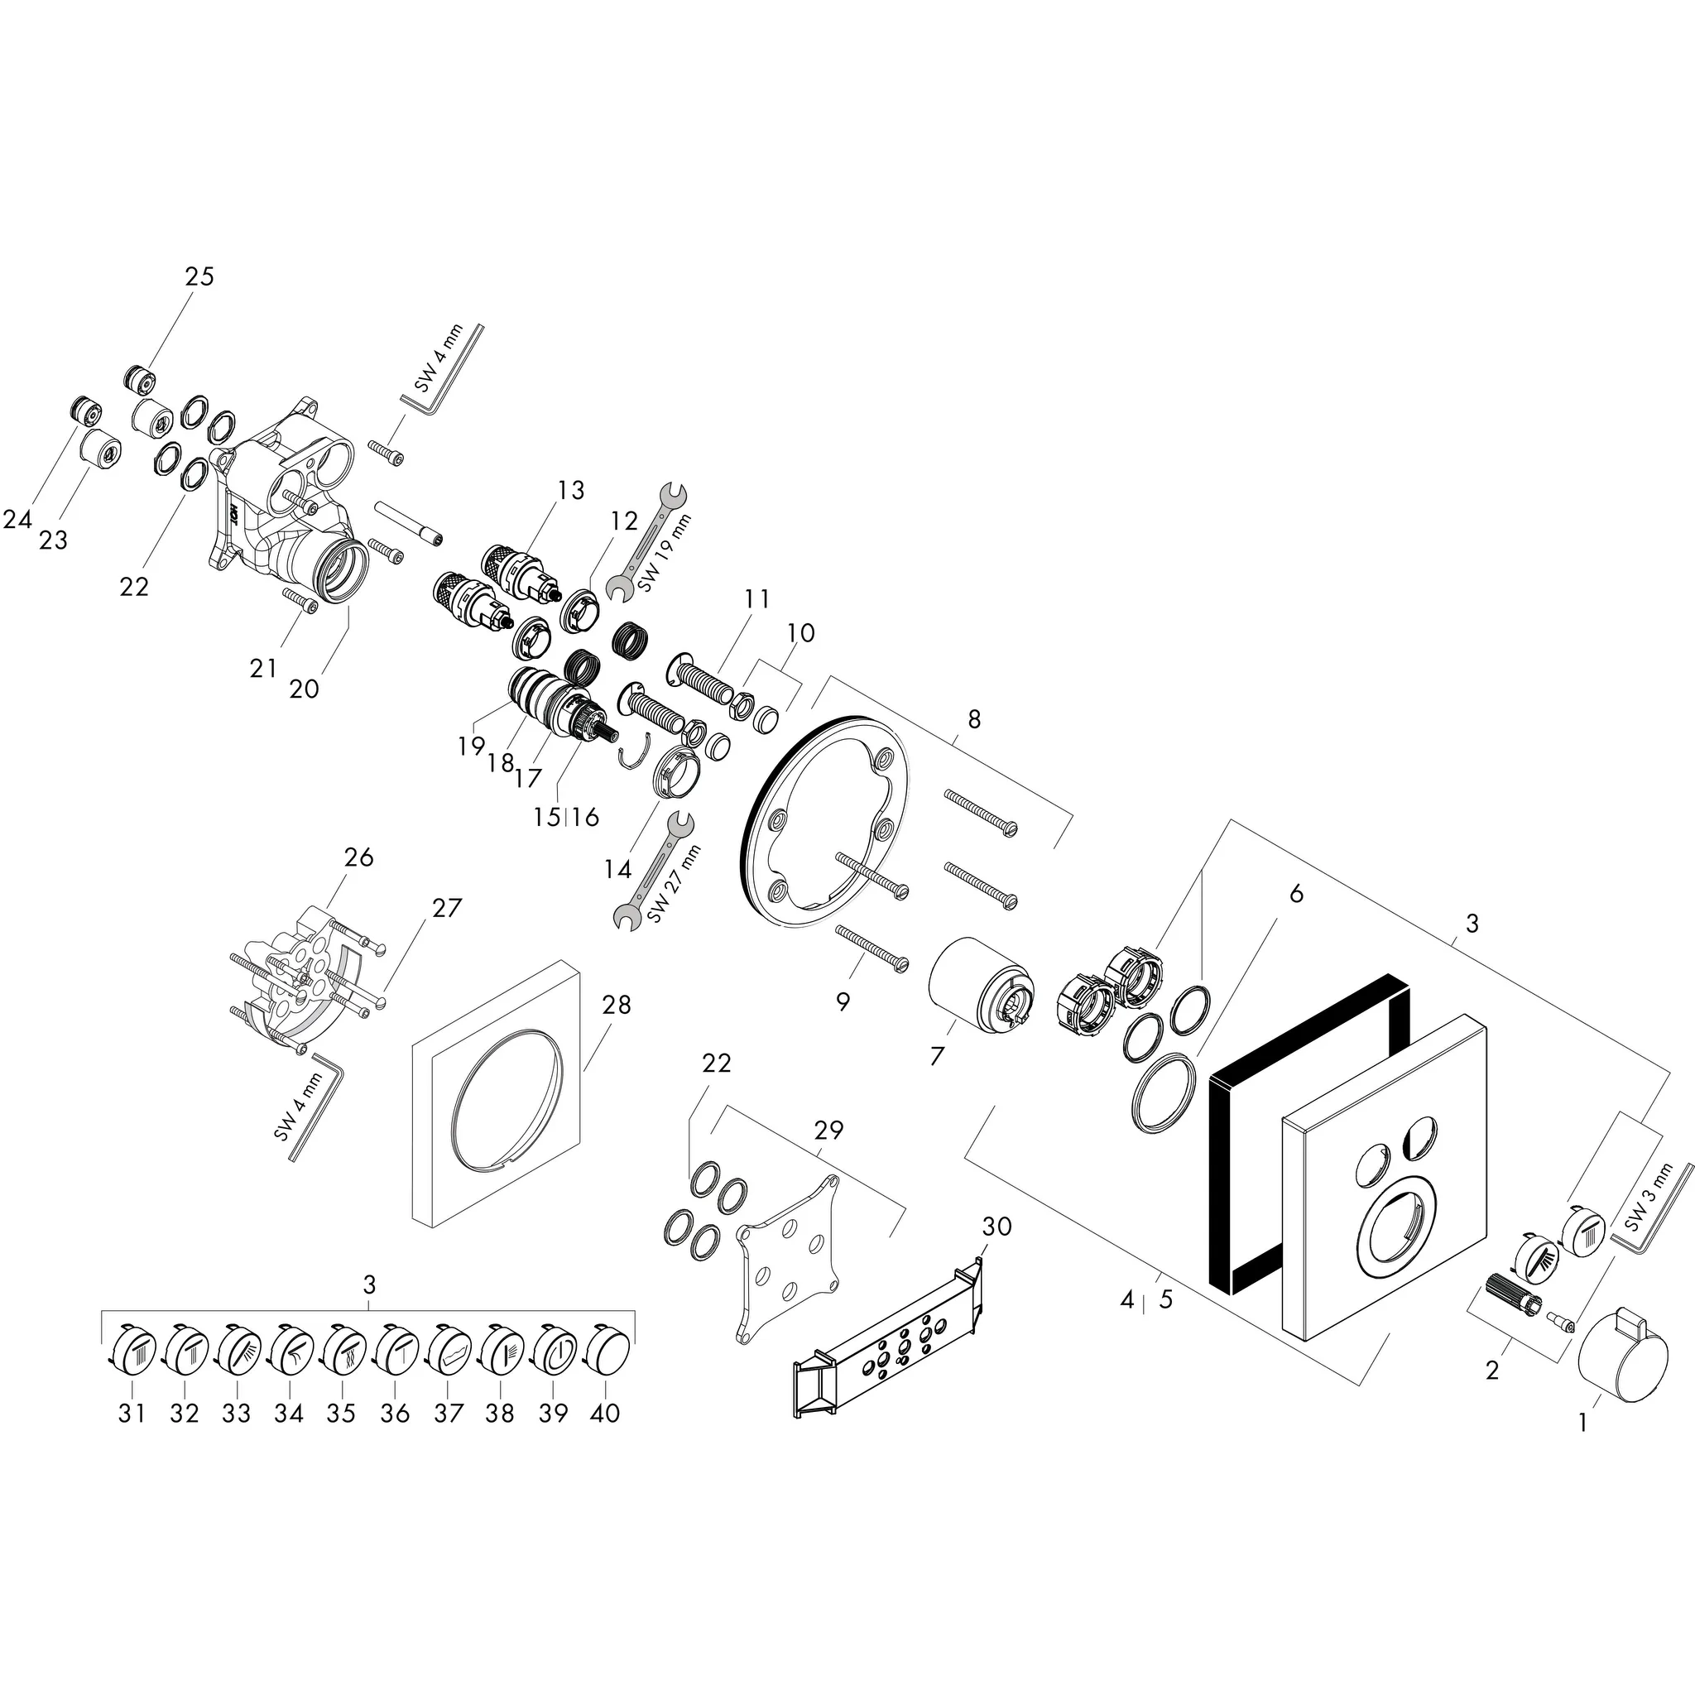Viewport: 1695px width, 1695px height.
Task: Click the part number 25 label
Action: [x=199, y=276]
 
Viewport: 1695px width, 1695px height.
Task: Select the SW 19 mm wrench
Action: [x=648, y=544]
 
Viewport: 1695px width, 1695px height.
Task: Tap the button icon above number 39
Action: [x=554, y=1350]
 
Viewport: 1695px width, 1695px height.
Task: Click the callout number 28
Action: [x=616, y=1005]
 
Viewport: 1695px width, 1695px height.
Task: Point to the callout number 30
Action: [x=996, y=1227]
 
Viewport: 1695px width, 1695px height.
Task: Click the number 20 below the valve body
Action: [x=304, y=689]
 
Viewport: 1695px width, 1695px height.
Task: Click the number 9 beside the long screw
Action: [x=843, y=1002]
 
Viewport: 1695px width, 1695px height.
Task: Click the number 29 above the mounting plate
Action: [x=828, y=1130]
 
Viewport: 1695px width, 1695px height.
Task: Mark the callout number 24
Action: [x=17, y=520]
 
